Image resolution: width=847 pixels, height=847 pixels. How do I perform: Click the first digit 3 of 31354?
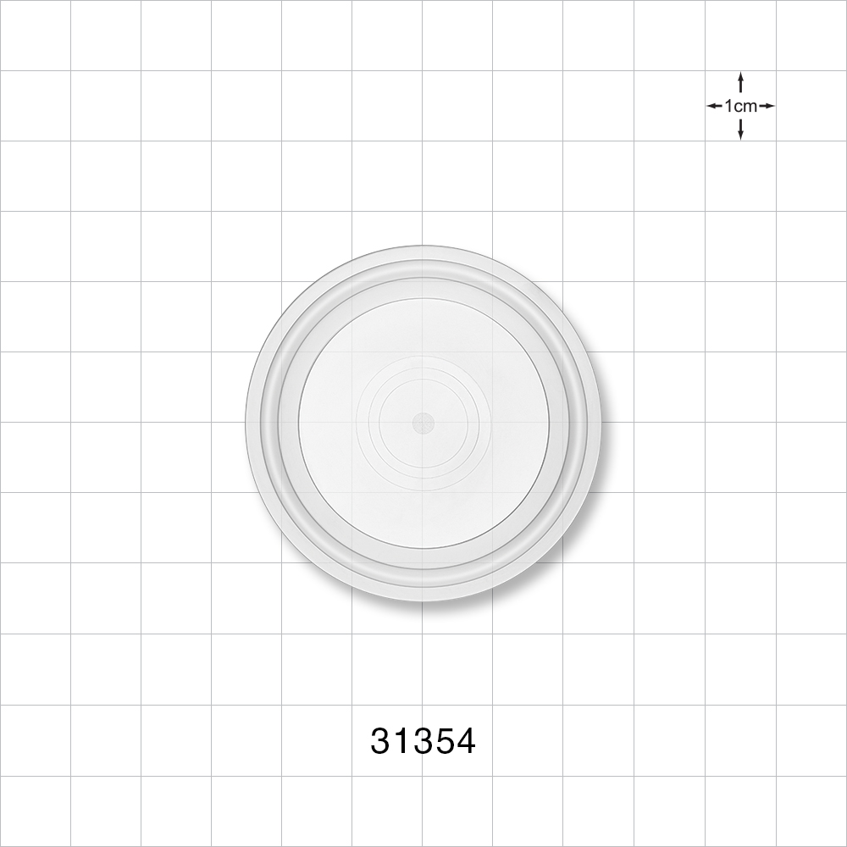point(381,740)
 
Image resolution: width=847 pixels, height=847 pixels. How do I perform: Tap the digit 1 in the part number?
point(401,740)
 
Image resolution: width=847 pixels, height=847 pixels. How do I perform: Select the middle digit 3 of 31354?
point(423,740)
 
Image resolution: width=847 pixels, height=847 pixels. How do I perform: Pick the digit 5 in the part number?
point(444,740)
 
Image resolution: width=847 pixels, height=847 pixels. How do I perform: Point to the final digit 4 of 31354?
point(465,740)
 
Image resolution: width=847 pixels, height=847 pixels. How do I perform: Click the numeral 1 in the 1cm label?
point(728,106)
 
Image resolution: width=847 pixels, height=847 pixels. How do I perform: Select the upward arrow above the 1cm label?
point(740,83)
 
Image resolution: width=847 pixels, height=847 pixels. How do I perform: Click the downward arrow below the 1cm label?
point(740,129)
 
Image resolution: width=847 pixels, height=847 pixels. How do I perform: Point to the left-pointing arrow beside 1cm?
point(715,106)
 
